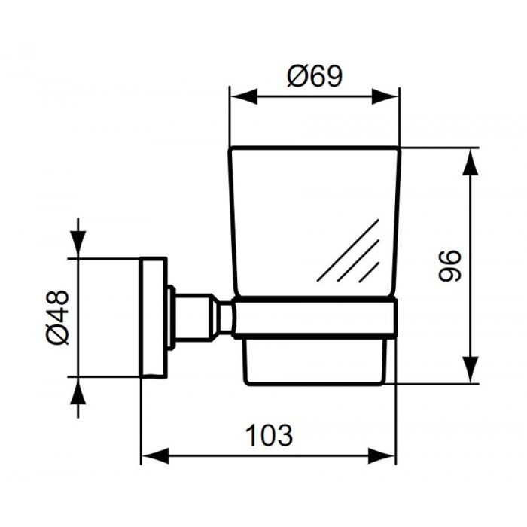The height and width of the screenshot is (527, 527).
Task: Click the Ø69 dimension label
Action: coord(315,76)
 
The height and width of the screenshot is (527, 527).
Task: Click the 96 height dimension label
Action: coord(449,265)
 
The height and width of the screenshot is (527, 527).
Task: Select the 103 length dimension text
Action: coord(268,434)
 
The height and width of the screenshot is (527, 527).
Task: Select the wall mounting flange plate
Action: coord(154,316)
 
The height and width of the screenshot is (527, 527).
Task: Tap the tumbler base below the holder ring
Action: coord(316,360)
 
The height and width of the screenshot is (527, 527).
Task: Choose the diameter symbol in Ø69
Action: coord(297,76)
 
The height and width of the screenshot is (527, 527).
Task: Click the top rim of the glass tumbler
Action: coord(315,148)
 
